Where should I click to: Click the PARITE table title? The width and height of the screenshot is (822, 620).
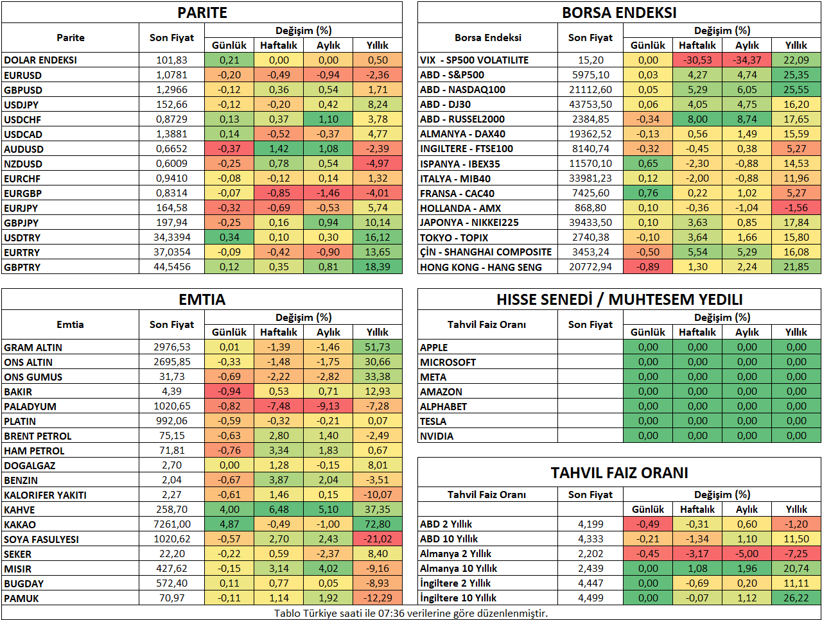202,13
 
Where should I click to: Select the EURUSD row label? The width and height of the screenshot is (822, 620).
23,75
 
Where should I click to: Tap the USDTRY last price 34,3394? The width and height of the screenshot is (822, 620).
172,237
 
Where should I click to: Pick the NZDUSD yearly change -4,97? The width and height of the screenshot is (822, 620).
377,164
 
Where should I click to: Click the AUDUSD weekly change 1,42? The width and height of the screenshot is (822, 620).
279,149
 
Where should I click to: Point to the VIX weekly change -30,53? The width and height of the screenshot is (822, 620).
697,60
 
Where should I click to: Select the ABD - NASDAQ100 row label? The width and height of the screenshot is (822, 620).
462,90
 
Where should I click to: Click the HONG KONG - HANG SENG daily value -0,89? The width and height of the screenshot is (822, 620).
647,267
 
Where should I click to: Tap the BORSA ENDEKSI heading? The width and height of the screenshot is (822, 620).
619,13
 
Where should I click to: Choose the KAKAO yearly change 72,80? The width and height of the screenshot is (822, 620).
377,524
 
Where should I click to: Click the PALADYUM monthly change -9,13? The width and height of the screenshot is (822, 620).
328,406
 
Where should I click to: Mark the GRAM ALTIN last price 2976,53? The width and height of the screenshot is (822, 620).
172,347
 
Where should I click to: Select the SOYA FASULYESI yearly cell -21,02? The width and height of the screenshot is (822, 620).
377,539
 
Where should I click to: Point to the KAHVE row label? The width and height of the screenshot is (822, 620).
19,510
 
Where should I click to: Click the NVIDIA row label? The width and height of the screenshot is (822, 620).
437,436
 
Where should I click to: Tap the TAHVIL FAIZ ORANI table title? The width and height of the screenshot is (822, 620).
619,473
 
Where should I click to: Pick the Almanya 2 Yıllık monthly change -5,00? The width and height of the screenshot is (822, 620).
747,554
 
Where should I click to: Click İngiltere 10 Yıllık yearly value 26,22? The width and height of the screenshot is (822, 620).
796,598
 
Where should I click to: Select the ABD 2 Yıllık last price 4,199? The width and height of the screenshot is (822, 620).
591,524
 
